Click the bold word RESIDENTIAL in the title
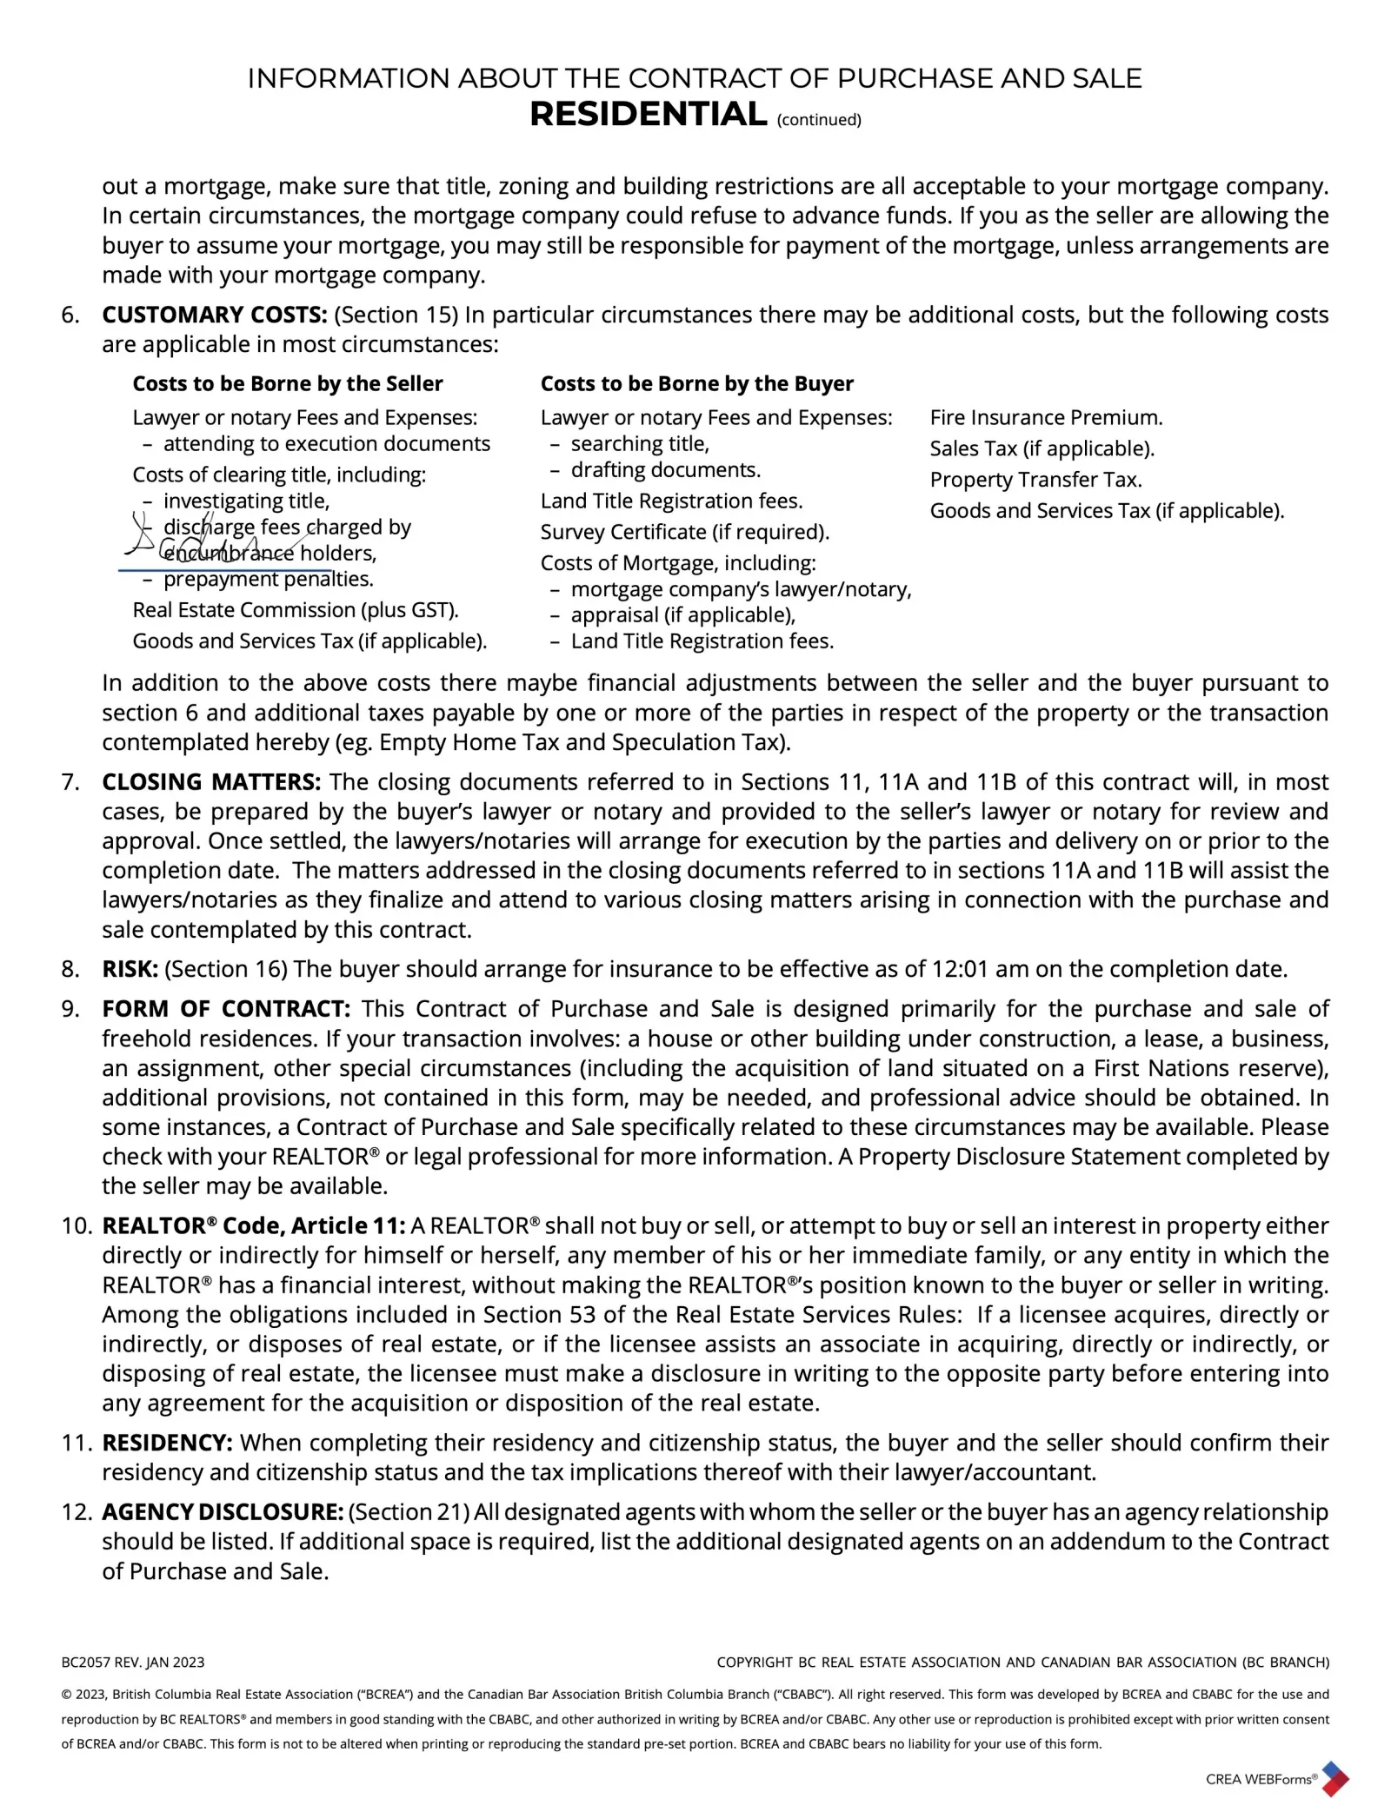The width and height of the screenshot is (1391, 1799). pos(648,115)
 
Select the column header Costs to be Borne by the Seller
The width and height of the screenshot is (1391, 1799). pos(287,384)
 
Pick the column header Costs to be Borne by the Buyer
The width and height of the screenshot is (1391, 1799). pos(696,384)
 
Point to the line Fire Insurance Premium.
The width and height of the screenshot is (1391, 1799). pos(1046,418)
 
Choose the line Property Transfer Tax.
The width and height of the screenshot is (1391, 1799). pos(1035,480)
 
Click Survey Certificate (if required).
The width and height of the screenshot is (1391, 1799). pos(684,532)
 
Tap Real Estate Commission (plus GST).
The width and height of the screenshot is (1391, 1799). pos(295,610)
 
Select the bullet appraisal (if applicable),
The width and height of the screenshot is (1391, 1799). pos(682,615)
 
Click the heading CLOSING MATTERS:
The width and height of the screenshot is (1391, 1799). pos(211,782)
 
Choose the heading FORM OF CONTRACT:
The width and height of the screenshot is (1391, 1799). pos(226,1009)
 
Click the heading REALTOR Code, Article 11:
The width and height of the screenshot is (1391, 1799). pos(253,1226)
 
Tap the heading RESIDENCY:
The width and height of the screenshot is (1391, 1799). pos(167,1444)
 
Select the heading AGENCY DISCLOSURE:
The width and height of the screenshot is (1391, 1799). pos(223,1513)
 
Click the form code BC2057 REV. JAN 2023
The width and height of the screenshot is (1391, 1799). pos(133,1663)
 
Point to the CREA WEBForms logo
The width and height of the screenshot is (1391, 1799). pos(1275,1778)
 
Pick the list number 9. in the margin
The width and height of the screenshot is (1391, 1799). pos(70,1009)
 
